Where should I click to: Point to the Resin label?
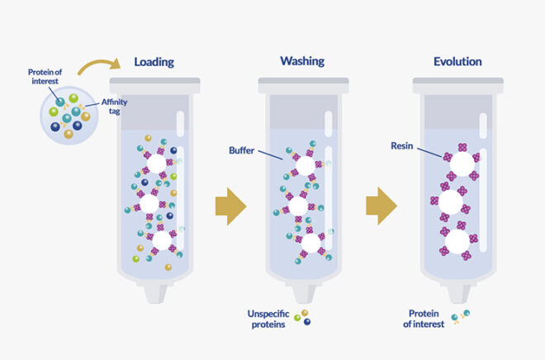click(x=404, y=147)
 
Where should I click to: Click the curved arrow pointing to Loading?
click(x=92, y=69)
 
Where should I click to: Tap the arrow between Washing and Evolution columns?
click(x=382, y=206)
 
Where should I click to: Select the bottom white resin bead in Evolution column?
click(x=458, y=241)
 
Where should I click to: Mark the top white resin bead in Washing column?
click(x=305, y=166)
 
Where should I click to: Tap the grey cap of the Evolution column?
click(x=458, y=83)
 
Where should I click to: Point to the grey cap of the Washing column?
click(x=302, y=83)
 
